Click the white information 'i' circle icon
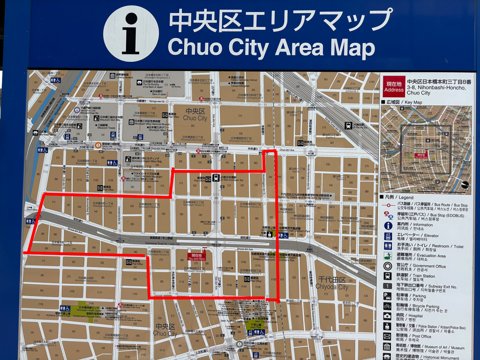point(131,34)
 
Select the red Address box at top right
point(393,86)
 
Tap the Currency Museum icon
point(113,75)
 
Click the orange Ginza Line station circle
point(98,145)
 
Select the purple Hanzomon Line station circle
point(77,110)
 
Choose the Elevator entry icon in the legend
point(388,236)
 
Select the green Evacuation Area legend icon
point(388,256)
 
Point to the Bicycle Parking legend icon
point(388,307)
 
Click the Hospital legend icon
point(388,317)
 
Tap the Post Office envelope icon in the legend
point(388,337)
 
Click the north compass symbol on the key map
point(465,184)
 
